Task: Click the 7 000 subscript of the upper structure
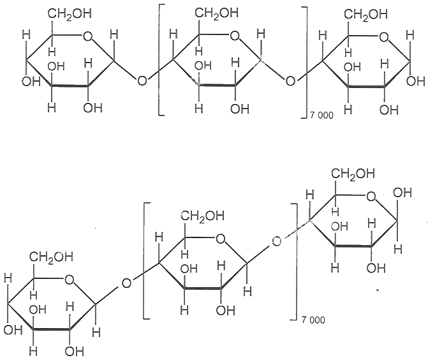click(x=321, y=115)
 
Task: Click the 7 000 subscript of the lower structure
click(x=313, y=320)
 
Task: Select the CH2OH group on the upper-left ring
click(x=70, y=14)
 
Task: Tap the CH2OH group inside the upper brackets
click(x=217, y=13)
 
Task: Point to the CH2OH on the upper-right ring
click(x=366, y=15)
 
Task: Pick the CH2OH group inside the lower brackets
click(x=203, y=216)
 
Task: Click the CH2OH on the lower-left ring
click(x=51, y=257)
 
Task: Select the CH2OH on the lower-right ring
click(x=353, y=174)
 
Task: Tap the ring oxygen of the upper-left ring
click(x=87, y=36)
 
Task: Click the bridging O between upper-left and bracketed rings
click(x=142, y=81)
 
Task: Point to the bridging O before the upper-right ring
click(x=290, y=81)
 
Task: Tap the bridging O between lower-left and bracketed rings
click(x=126, y=283)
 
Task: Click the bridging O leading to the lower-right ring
click(x=276, y=241)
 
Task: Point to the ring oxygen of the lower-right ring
click(x=371, y=197)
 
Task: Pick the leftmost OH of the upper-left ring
click(x=31, y=82)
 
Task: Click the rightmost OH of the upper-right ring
click(x=415, y=81)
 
